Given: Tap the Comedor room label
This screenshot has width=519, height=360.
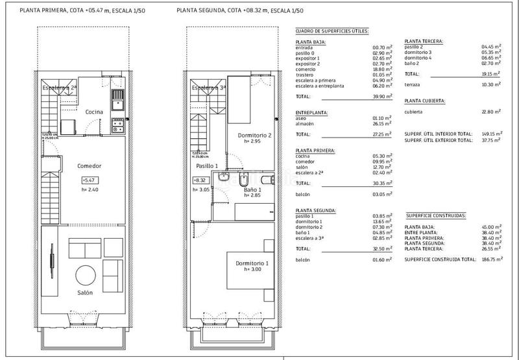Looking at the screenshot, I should (88, 165).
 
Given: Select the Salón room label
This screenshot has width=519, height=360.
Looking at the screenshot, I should (86, 293).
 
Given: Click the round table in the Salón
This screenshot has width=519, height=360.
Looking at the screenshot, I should (86, 272).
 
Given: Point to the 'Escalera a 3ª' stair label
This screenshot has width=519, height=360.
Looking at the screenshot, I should (208, 88).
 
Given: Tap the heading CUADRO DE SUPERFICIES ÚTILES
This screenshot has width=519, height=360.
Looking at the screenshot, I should (332, 30).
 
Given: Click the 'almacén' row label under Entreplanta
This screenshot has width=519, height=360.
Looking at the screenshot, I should (306, 123).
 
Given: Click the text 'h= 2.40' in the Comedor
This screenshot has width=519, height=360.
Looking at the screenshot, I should (89, 190).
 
